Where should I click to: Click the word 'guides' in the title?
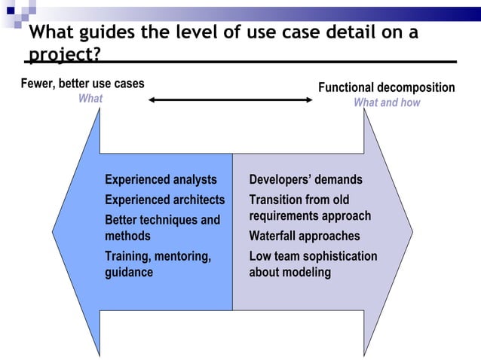[110, 33]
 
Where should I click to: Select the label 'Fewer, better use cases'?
[82, 83]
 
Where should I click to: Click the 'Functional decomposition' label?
[386, 87]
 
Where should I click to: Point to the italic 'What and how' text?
[387, 102]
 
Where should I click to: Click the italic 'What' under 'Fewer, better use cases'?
[90, 98]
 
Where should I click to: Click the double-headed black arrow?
[230, 99]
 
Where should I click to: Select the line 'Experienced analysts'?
[161, 179]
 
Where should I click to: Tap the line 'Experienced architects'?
[164, 200]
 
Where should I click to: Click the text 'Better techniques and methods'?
[162, 227]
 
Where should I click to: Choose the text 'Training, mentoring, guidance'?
[158, 264]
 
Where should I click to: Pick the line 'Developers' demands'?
[305, 179]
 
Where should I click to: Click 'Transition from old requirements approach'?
[310, 208]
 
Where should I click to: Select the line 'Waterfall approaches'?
[305, 236]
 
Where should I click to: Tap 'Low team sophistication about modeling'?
[313, 264]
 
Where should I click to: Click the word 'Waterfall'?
[275, 236]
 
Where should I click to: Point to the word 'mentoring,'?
[182, 256]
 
